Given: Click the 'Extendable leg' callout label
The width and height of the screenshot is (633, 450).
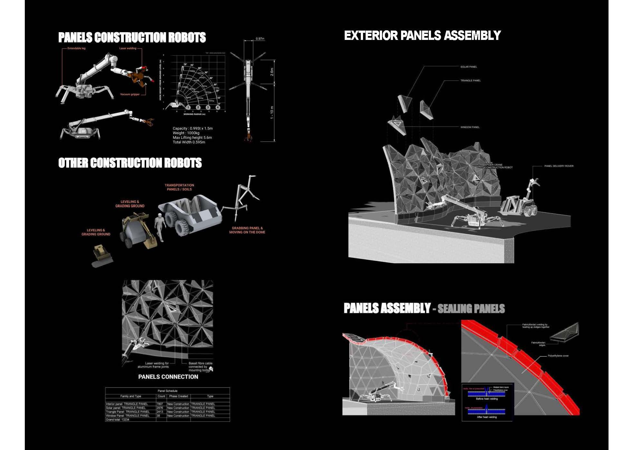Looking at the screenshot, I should pos(76,48).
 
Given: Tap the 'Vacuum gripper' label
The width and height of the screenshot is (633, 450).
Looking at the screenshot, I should pos(130,94).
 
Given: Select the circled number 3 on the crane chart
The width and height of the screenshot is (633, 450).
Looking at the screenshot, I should pos(208,108).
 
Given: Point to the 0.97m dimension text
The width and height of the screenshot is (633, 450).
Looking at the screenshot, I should pos(260,39).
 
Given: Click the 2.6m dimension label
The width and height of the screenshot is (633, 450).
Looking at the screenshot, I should pos(272,72).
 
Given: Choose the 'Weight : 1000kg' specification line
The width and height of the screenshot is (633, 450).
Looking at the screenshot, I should pos(186,133).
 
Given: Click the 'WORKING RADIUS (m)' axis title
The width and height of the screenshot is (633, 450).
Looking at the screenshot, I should pos(194,114).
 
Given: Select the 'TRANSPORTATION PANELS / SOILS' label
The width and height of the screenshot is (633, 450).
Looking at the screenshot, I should pos(179,187).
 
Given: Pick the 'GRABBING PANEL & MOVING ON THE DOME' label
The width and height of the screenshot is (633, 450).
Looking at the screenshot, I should pos(247,230).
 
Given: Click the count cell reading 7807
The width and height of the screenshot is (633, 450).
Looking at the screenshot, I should pos(160,404).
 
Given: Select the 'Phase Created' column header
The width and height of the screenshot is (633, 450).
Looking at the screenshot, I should pos(178,396).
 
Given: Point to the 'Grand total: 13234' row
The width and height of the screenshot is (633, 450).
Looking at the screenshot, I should pos(117,419).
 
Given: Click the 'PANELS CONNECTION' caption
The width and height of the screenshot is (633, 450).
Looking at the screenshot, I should pos(168,377).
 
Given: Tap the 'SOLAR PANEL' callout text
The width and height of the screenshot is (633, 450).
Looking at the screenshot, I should pos(468,67).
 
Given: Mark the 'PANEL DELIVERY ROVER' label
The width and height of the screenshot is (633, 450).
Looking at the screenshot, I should pos(559,166).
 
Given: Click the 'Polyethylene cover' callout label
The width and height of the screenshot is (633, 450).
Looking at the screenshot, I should pos(558,356).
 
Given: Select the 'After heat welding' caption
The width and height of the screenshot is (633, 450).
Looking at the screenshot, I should pos(486,417).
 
